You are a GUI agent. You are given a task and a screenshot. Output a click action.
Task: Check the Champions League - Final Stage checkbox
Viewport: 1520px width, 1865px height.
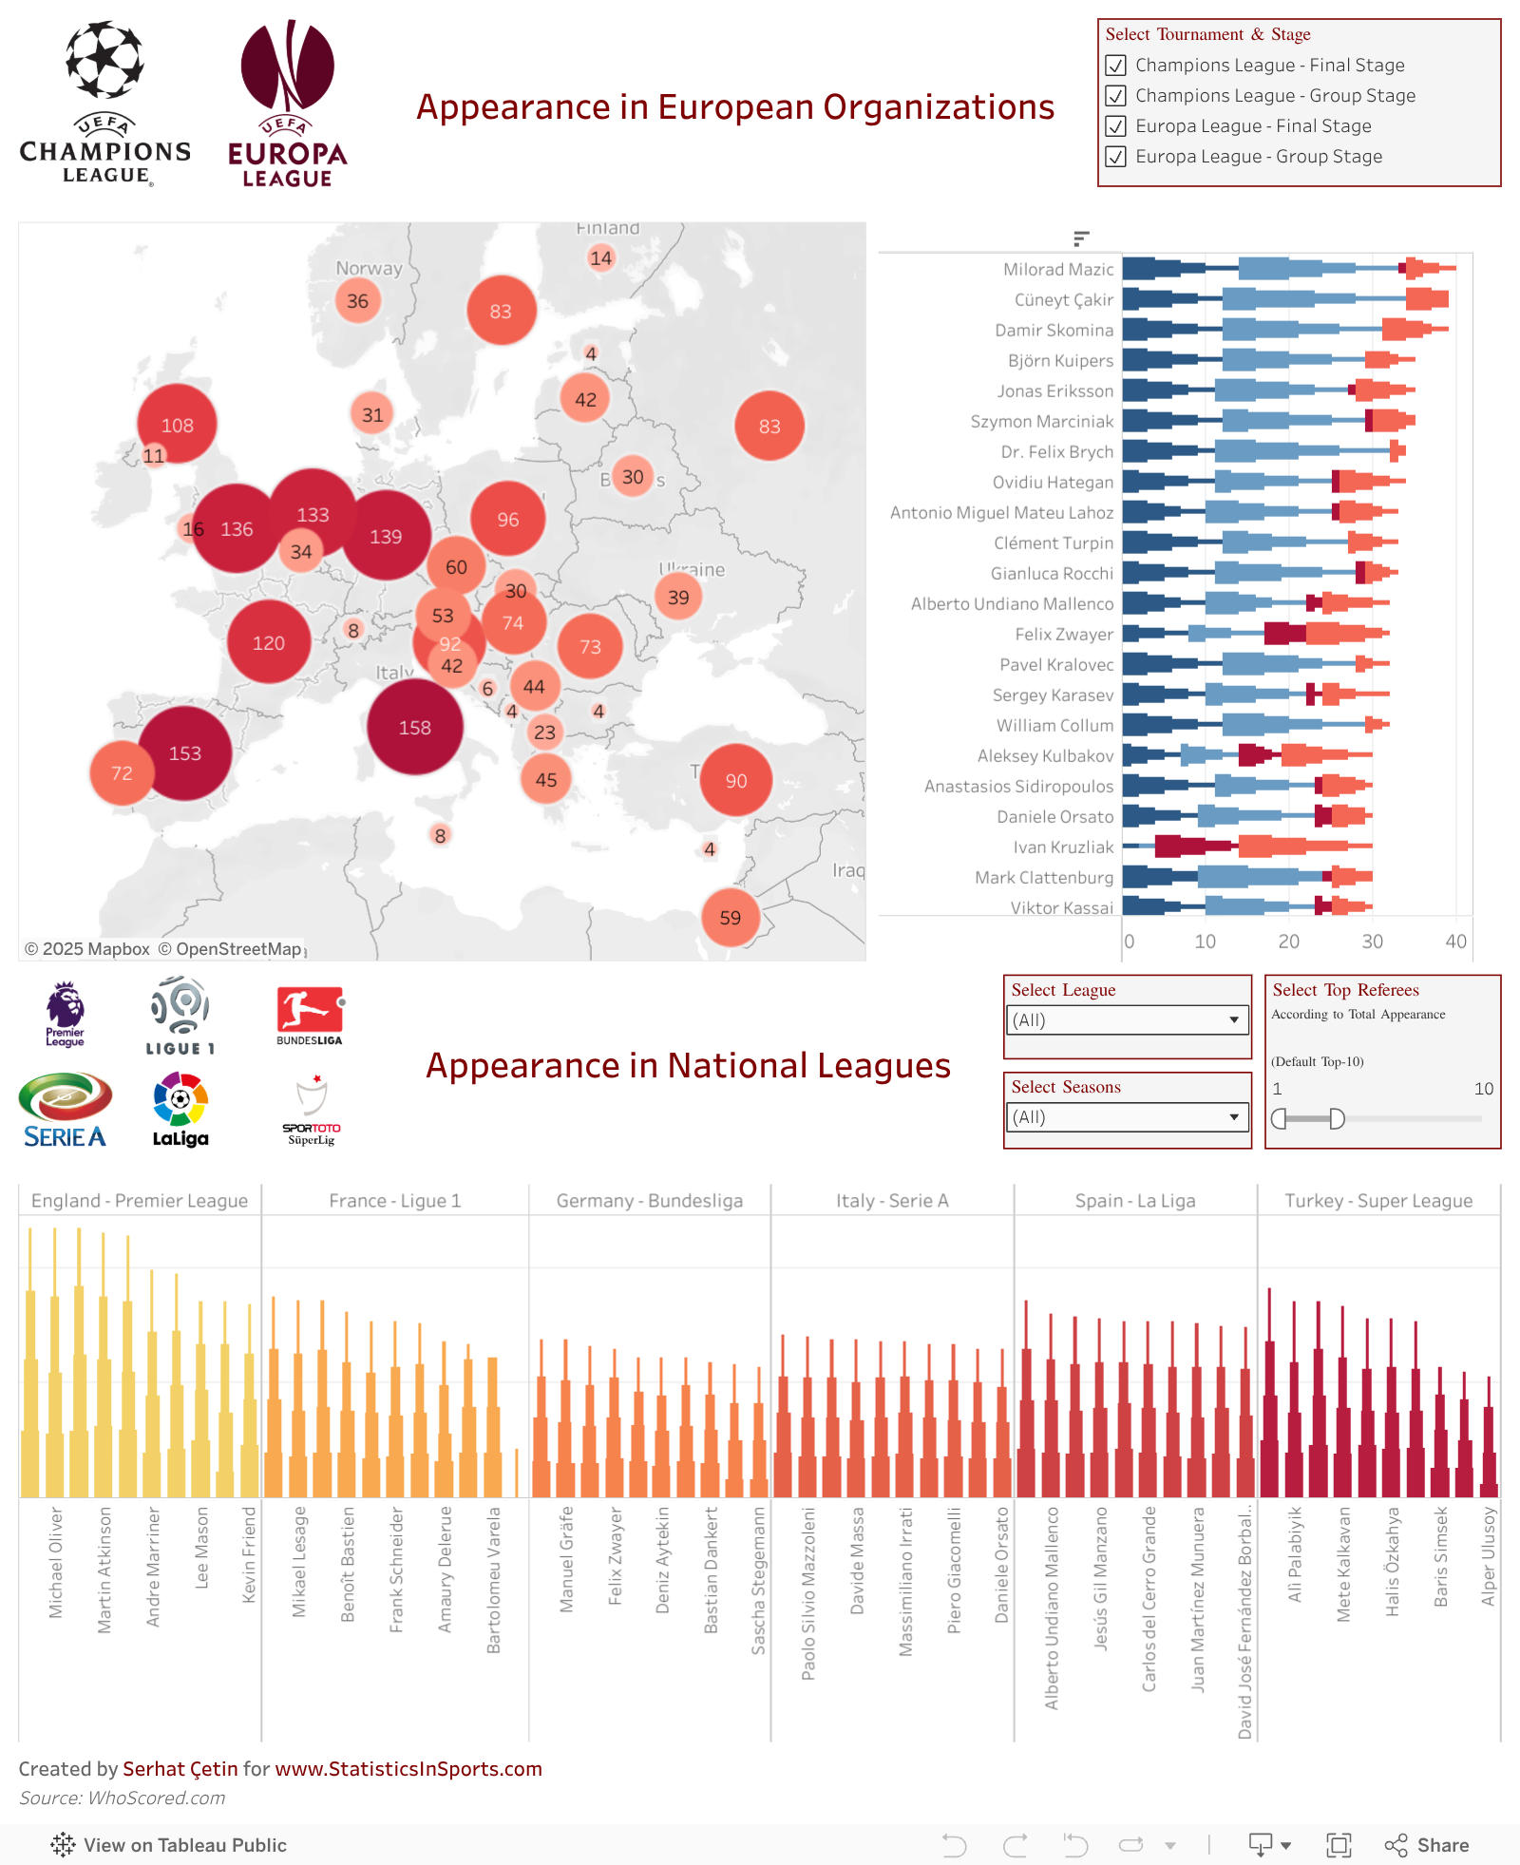point(1116,66)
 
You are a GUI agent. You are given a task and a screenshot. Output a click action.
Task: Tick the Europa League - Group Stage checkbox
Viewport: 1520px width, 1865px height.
point(1116,157)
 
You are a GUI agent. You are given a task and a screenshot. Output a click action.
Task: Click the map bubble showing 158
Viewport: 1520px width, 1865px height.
point(415,728)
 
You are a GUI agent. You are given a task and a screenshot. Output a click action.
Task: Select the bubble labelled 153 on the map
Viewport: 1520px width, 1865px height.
point(185,753)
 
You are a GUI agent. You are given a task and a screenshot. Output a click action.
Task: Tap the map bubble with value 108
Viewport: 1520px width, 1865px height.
point(177,425)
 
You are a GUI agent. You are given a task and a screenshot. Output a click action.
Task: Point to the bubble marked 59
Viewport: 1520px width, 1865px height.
point(730,918)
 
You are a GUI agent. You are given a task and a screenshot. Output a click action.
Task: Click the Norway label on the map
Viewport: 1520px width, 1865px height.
point(369,269)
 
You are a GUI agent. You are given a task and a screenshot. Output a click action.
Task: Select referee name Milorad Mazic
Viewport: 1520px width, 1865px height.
point(1058,270)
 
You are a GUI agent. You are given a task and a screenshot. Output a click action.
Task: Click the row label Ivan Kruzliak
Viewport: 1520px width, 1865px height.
point(1063,847)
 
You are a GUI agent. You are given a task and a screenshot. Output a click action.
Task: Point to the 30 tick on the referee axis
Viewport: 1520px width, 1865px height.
point(1372,942)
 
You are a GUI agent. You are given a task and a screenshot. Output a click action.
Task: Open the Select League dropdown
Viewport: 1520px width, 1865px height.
point(1128,1020)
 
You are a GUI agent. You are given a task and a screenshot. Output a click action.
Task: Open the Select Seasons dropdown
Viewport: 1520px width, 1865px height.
point(1128,1117)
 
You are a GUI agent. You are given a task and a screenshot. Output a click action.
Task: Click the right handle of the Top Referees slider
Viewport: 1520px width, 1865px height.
point(1337,1119)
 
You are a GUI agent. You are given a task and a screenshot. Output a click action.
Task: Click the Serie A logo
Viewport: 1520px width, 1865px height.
point(65,1110)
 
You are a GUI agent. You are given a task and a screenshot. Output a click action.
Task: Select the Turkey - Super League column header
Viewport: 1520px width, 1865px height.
point(1378,1201)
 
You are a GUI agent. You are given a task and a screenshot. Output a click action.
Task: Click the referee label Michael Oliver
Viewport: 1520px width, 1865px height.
point(56,1562)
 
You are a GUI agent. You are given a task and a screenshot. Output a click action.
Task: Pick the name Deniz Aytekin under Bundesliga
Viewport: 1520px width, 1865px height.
point(663,1559)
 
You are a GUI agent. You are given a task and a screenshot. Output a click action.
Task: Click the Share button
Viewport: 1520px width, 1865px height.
point(1428,1845)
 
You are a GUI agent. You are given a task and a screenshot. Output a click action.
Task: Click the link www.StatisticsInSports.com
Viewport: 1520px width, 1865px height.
point(408,1769)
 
